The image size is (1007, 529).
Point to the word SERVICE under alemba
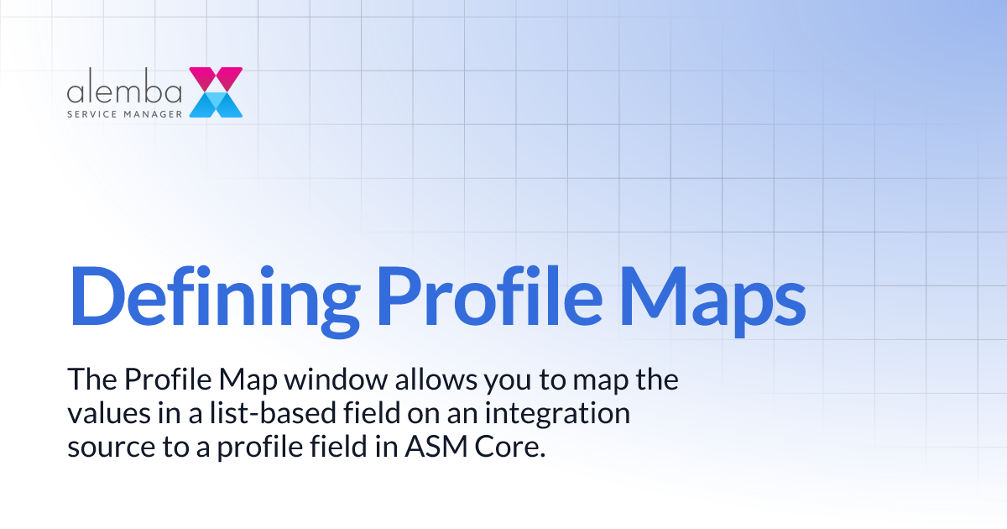[93, 113]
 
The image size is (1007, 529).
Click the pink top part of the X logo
[216, 78]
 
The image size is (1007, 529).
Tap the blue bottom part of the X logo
[216, 105]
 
